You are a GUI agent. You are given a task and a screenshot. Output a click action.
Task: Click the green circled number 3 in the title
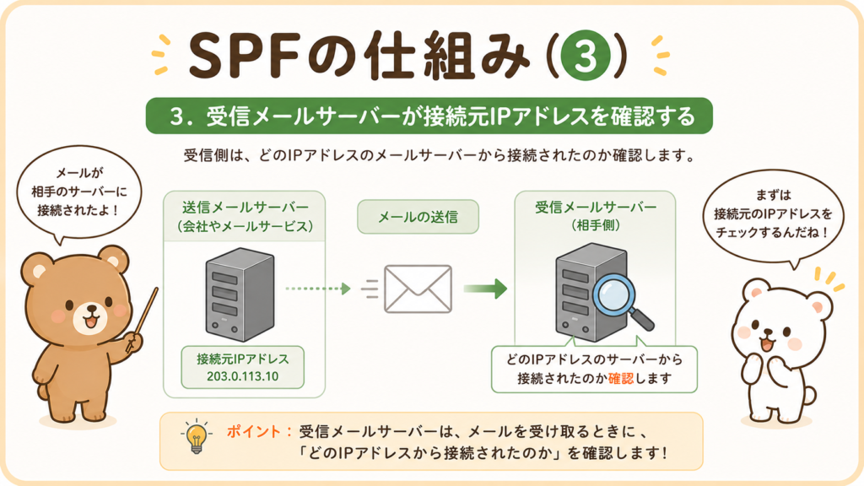pyautogui.click(x=585, y=55)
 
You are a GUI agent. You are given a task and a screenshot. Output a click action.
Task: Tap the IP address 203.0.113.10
pyautogui.click(x=242, y=377)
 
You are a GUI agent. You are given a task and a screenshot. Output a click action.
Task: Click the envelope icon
pyautogui.click(x=418, y=289)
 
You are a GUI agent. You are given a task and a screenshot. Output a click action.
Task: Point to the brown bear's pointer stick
pyautogui.click(x=142, y=320)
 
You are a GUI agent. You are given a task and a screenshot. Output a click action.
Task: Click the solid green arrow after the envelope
pyautogui.click(x=485, y=289)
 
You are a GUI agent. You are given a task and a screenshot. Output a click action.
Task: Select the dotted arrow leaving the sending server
pyautogui.click(x=318, y=289)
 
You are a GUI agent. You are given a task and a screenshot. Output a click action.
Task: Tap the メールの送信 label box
pyautogui.click(x=418, y=217)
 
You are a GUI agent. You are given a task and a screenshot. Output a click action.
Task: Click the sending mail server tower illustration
pyautogui.click(x=240, y=294)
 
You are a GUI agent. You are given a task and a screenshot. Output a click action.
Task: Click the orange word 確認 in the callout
pyautogui.click(x=621, y=379)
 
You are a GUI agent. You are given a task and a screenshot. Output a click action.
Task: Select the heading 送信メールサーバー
pyautogui.click(x=246, y=208)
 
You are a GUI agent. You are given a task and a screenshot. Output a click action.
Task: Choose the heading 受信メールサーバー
pyautogui.click(x=596, y=208)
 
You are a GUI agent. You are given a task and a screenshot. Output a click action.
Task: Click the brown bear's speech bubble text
pyautogui.click(x=78, y=192)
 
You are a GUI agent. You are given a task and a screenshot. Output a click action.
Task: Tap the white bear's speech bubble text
pyautogui.click(x=773, y=213)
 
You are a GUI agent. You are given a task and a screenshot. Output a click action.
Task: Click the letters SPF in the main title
pyautogui.click(x=243, y=55)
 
